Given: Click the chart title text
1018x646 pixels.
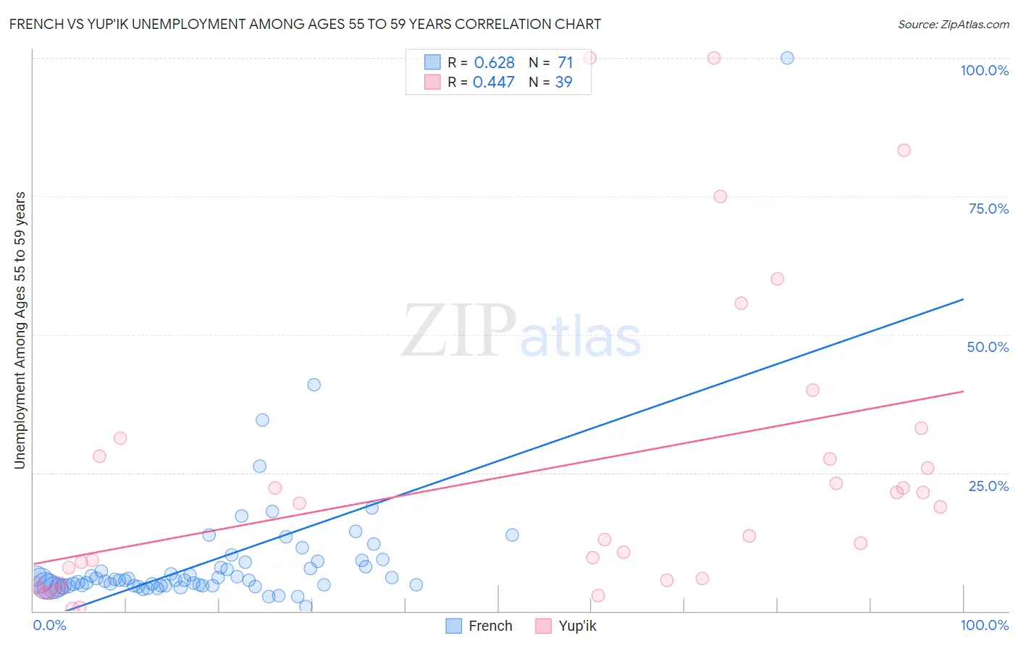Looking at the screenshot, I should point(305,25).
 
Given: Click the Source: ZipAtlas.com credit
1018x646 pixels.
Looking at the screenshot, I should point(953,25).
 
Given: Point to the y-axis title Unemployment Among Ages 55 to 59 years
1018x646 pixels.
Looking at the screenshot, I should point(20,330).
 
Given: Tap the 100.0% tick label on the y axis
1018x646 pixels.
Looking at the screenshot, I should point(984,70).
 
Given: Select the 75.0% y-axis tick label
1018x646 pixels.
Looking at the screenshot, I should point(988,209).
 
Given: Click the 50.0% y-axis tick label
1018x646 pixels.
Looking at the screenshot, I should point(988,347).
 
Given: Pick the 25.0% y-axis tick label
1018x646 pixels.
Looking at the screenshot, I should point(988,486).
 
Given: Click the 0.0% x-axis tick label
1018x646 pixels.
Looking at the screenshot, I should point(49,625).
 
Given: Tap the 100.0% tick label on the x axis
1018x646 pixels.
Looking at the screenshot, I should point(984,625).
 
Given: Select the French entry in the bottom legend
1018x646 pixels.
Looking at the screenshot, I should point(479,626).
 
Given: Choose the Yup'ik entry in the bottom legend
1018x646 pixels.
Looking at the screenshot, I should point(566,626).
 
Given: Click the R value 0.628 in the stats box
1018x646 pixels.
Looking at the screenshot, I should point(494,63).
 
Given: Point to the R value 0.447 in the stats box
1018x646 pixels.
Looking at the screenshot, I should point(493,83).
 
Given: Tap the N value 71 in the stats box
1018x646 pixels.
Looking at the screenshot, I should point(565,63).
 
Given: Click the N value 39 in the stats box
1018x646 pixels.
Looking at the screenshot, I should point(563,83).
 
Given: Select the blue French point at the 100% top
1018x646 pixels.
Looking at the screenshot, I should point(787,58).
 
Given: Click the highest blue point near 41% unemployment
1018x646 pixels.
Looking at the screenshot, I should point(314,385).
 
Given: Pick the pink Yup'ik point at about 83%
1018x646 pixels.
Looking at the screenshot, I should point(904,151).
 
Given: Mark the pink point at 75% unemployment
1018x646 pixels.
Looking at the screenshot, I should point(720,196).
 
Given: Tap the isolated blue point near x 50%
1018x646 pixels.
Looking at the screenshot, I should point(512,535).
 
